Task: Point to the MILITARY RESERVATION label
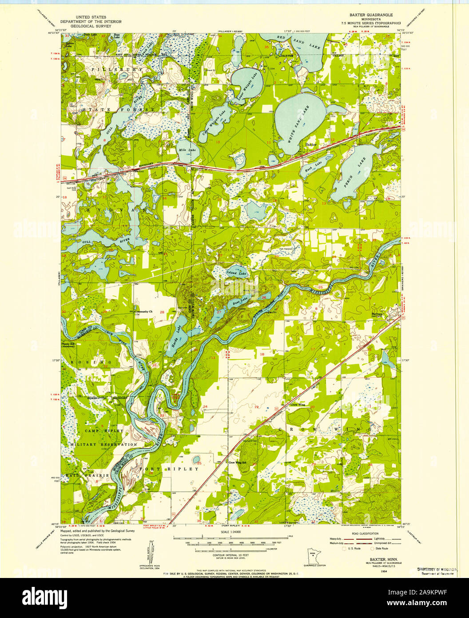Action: click(103, 444)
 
